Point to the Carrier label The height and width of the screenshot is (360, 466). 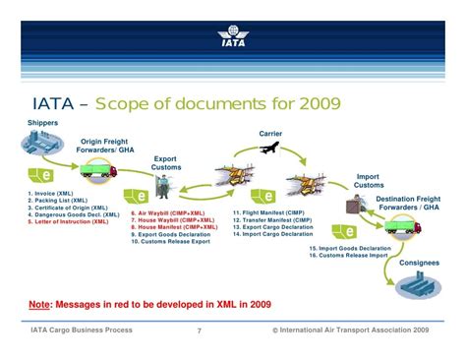(x=270, y=133)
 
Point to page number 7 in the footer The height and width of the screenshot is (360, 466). (x=199, y=330)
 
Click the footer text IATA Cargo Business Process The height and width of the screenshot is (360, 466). (x=85, y=330)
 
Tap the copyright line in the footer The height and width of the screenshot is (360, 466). (x=350, y=330)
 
